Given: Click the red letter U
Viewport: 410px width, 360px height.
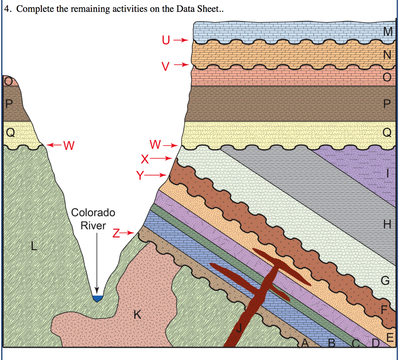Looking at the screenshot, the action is coord(166,40).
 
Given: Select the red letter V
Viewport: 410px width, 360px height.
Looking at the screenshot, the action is coord(165,66).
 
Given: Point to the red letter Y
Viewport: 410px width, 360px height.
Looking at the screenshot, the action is coord(140,176).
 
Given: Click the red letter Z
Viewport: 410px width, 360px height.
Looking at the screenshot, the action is coord(116,233).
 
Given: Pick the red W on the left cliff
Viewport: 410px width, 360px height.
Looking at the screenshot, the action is coord(69,146).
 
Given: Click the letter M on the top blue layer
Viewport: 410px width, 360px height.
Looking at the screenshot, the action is coord(388,32).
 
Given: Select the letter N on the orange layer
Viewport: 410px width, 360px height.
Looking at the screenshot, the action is coord(387,55).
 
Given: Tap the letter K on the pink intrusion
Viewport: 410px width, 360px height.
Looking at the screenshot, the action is coord(137,314).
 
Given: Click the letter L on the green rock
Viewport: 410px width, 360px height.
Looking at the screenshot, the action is coord(34,246).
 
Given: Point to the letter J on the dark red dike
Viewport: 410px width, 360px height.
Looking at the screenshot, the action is coord(239,328).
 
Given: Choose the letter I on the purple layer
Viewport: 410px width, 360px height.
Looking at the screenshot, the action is coord(388,173).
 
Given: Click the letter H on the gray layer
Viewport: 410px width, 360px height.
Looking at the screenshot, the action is coord(387,224).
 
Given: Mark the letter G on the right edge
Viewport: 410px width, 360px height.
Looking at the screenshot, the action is coord(386,280).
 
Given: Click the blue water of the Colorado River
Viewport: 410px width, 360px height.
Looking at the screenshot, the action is coord(97,298).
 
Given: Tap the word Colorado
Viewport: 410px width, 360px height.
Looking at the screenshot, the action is coord(93,212).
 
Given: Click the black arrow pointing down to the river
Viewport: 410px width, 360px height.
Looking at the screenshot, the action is coord(97,263).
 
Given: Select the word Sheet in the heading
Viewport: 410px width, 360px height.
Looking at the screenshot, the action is coord(208,9).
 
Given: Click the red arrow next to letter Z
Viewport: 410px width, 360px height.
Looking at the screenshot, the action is coord(128,232).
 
